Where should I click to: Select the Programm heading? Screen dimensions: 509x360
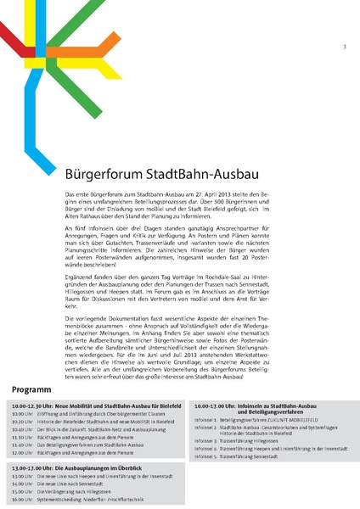33,389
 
